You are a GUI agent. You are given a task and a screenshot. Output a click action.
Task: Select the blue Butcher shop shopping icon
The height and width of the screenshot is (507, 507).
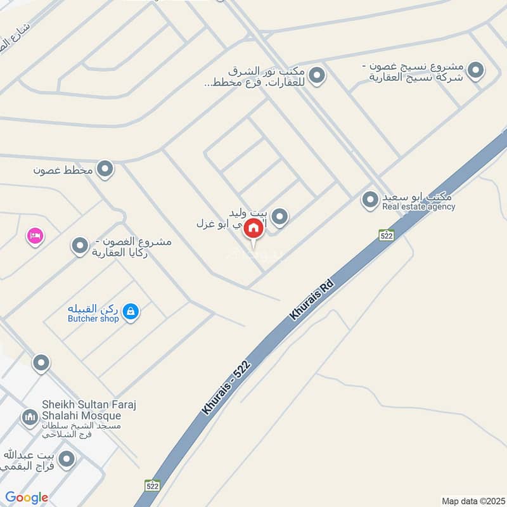[x=131, y=311]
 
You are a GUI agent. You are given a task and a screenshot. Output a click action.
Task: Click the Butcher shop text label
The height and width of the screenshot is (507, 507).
[x=93, y=319]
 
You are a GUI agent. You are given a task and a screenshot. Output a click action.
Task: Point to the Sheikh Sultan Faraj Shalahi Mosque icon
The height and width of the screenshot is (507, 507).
[x=29, y=418]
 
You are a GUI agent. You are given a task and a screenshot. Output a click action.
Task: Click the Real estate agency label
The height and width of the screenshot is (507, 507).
[x=418, y=207]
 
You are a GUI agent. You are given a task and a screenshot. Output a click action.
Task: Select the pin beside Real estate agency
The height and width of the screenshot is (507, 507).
[x=369, y=201]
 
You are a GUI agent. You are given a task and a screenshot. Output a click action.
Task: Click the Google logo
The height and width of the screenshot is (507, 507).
[x=27, y=497]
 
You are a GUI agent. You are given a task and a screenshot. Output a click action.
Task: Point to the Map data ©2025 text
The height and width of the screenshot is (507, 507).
[x=472, y=501]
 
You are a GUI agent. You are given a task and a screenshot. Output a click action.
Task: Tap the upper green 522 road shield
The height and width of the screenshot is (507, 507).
[x=387, y=235]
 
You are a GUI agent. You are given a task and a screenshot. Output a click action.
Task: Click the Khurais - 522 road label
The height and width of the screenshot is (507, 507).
[x=228, y=387]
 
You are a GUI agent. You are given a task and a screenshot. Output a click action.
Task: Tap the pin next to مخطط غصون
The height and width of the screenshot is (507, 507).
[x=106, y=169]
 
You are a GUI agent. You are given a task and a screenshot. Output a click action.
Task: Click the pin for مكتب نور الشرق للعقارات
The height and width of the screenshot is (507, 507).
[x=318, y=77]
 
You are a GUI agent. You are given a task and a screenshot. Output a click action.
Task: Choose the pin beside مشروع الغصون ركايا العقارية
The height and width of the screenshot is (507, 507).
[x=80, y=246]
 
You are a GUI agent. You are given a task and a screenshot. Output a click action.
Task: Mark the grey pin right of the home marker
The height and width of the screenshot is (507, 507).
[x=280, y=217]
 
